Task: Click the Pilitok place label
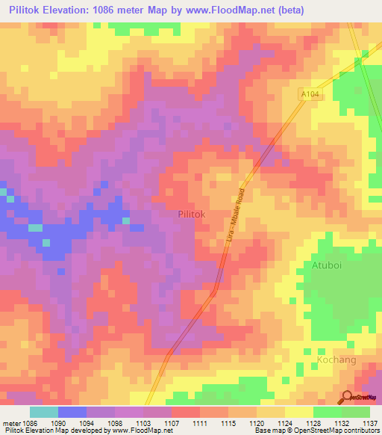[192, 214]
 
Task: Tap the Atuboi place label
[327, 265]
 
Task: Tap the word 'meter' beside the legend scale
[13, 422]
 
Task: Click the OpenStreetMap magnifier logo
[348, 398]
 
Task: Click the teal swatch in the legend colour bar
[43, 412]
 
